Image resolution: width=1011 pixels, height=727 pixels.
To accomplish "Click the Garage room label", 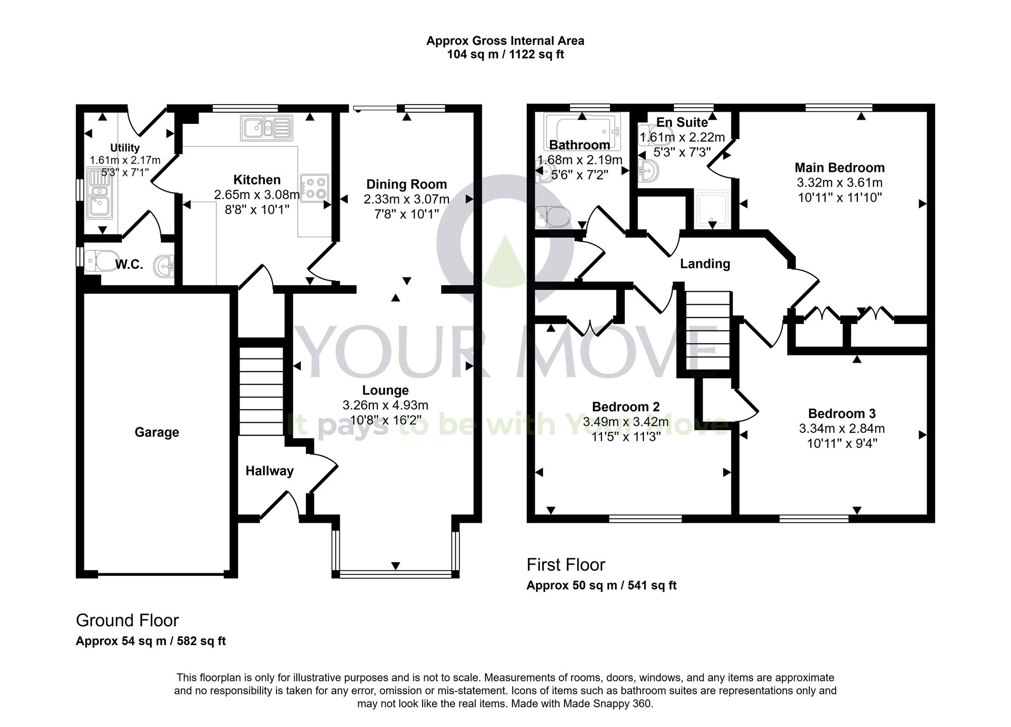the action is tap(157, 432).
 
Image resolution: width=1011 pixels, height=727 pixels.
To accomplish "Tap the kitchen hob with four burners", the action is tap(314, 188).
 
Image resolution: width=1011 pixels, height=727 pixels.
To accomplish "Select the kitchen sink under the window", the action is tap(267, 127).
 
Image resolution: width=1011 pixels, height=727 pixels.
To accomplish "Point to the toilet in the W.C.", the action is tap(102, 261).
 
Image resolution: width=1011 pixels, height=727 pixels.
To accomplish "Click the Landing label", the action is tap(705, 264).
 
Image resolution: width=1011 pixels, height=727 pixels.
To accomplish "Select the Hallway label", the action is tap(269, 471).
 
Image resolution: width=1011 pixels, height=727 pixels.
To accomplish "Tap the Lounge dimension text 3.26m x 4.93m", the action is tap(385, 405).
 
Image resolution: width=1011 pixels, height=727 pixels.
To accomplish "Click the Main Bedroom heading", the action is tap(840, 167).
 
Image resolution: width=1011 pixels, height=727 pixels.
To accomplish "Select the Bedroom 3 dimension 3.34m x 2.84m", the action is tap(842, 429).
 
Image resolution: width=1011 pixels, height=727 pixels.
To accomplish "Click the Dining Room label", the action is tap(406, 184).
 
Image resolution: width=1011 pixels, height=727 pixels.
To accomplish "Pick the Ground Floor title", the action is tap(127, 620).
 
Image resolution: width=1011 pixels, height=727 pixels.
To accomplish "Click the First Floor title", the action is tap(566, 564).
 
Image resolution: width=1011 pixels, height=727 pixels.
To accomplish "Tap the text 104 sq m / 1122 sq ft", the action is tap(505, 55).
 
